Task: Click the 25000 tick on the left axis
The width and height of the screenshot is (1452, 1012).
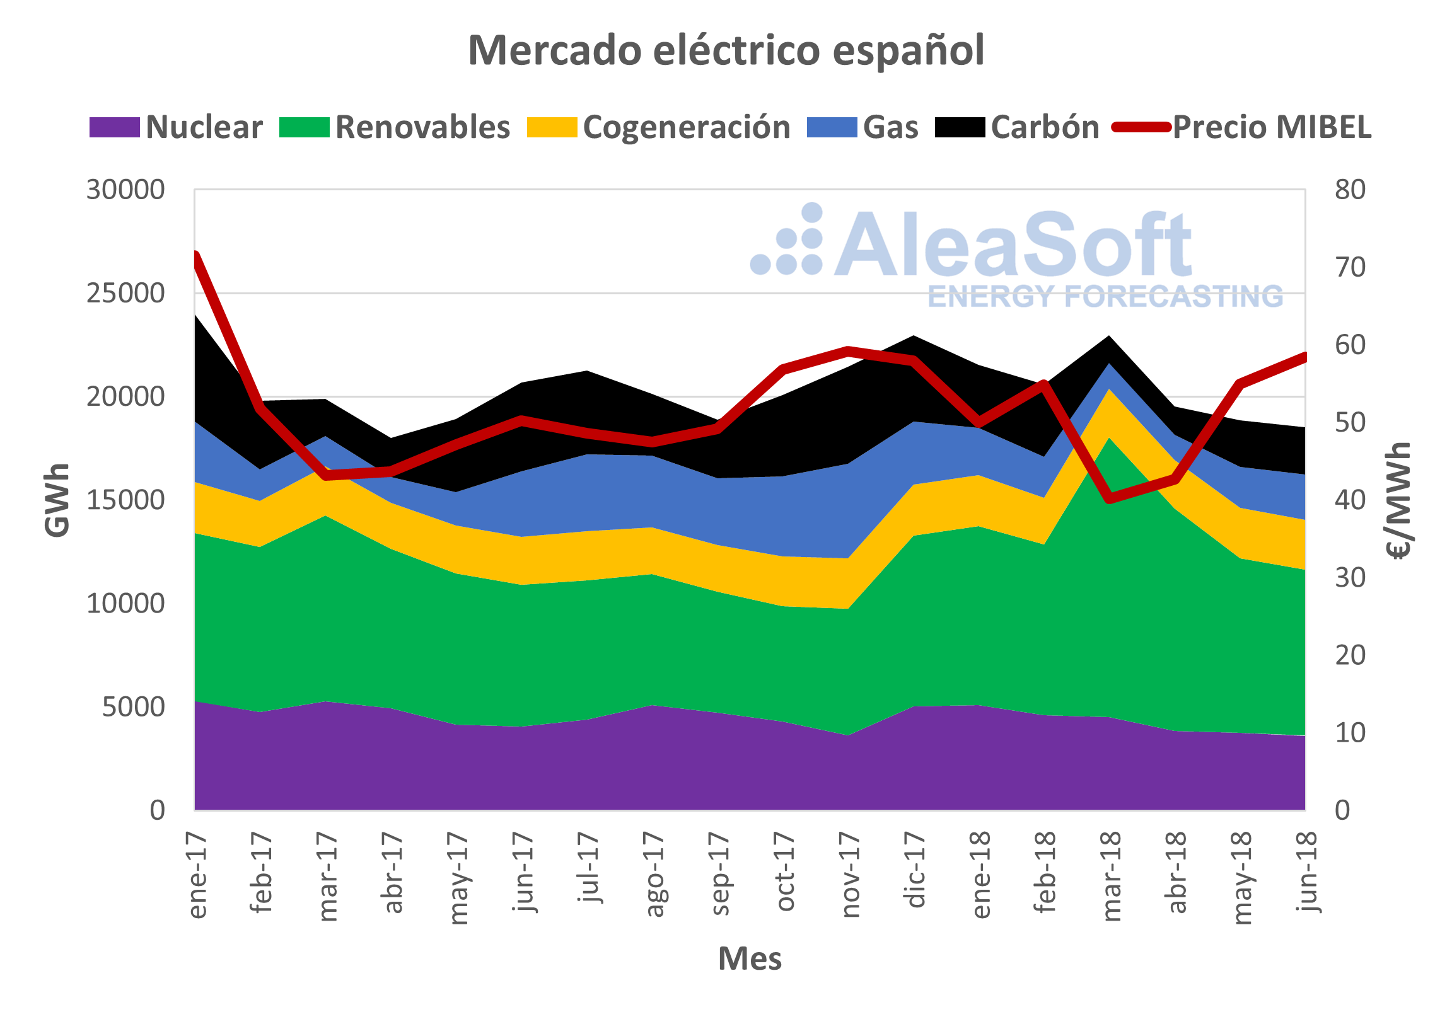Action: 125,293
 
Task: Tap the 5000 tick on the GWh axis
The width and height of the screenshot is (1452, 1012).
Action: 133,707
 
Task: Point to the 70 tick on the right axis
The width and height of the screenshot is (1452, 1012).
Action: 1350,267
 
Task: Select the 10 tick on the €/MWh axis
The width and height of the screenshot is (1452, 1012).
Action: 1350,733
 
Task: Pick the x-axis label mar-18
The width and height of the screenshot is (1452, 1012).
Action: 1111,876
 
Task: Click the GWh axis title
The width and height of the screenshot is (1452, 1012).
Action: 57,500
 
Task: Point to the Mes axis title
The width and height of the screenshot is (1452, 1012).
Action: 750,958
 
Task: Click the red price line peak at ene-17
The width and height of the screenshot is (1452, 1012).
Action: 195,255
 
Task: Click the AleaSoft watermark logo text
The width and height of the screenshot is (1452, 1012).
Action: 1012,246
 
